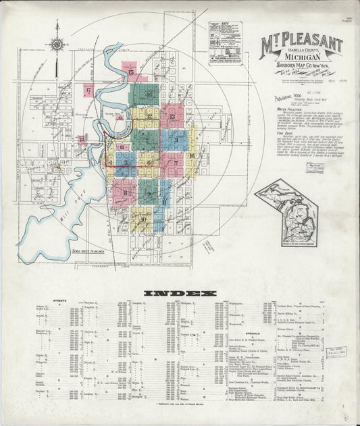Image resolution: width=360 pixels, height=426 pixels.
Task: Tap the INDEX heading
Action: point(180,293)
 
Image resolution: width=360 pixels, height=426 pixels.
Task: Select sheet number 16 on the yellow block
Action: point(192,156)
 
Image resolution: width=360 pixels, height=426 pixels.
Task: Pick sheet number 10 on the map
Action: point(143,219)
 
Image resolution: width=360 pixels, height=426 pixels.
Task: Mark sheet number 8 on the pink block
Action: point(126,191)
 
